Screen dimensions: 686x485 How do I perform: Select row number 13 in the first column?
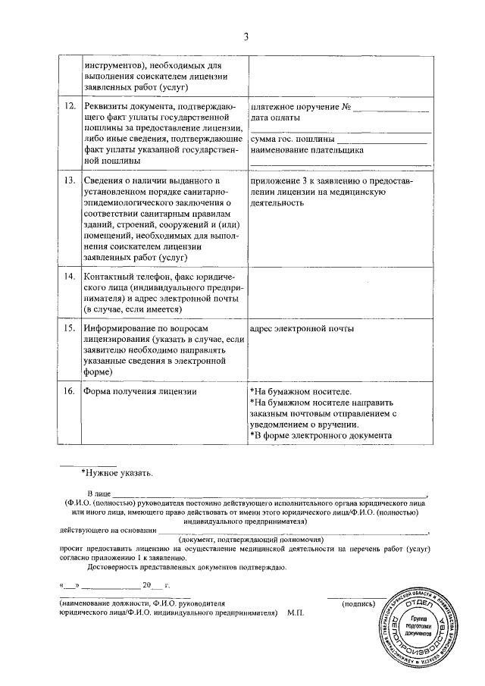tap(68, 182)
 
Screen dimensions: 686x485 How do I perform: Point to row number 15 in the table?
tap(68, 330)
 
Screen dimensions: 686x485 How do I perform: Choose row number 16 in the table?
tap(68, 392)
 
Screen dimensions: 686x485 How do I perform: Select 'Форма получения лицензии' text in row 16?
tap(139, 392)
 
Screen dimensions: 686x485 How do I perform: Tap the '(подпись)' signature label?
tap(358, 603)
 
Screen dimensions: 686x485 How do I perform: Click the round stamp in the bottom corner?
tap(418, 626)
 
